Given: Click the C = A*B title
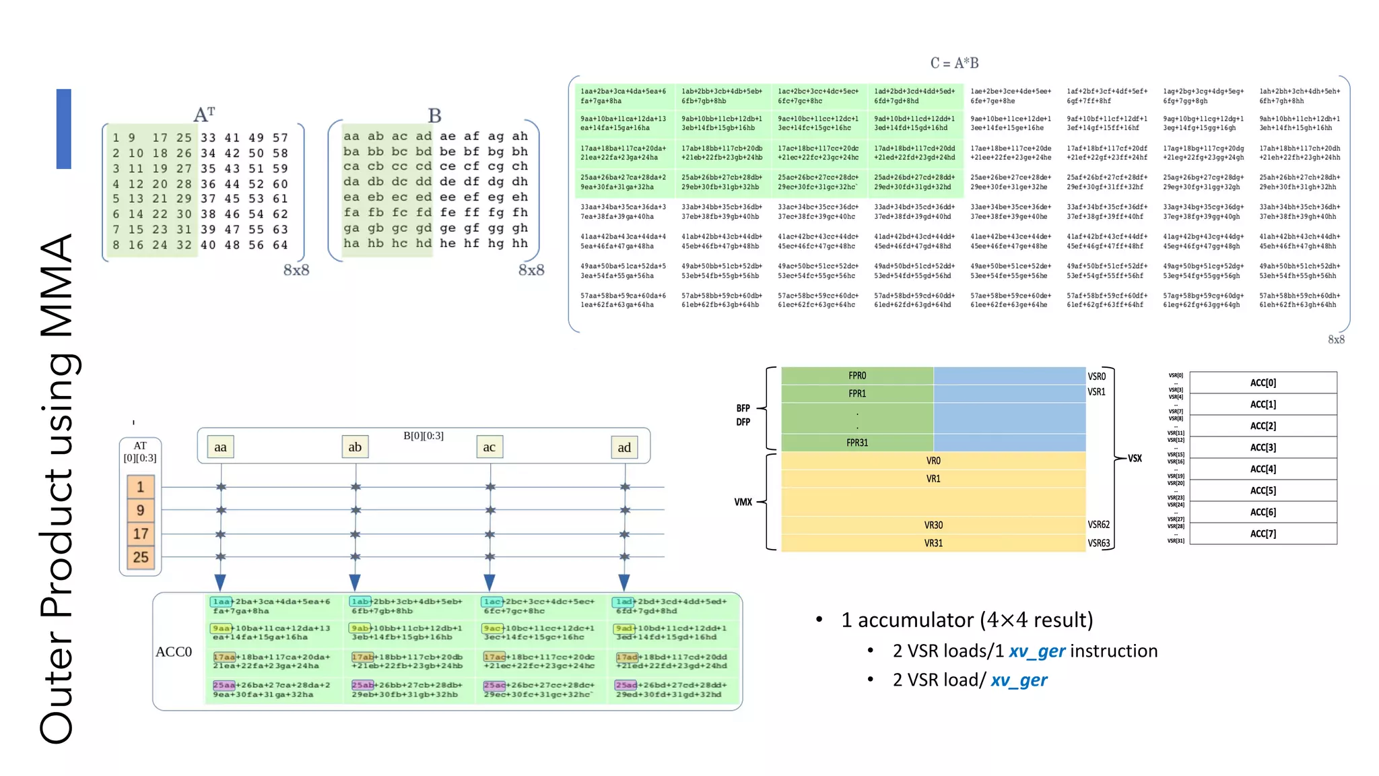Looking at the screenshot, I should (954, 63).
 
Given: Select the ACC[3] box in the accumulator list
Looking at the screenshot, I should (1263, 447).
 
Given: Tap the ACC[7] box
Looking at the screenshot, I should (1263, 533).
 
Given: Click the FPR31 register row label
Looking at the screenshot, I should (857, 443).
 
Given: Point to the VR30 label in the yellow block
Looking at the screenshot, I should (933, 525).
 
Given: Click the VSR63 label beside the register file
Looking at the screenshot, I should (1098, 543).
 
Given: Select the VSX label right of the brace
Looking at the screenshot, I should (1135, 458).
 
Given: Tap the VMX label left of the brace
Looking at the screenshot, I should (743, 502).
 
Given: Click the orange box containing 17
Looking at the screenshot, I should (140, 533).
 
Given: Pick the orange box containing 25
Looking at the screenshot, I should (140, 557).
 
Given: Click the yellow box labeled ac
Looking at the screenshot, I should (489, 447).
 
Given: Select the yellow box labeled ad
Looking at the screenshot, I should (624, 447).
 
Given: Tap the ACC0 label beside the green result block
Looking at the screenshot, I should (174, 651).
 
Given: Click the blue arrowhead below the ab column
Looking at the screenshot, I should (355, 582).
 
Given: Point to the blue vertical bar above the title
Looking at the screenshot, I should (64, 129).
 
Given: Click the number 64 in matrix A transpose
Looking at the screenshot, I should (280, 245).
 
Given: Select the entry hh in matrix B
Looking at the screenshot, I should (519, 243).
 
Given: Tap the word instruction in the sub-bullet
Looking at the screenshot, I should (1114, 651).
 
